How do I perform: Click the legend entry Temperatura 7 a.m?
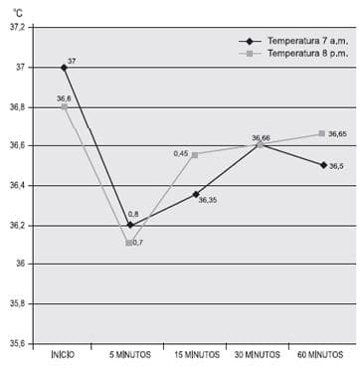(x=301, y=41)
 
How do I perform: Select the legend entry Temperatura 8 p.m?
(x=301, y=54)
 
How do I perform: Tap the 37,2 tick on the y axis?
(x=17, y=28)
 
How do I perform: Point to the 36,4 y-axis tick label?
(x=17, y=185)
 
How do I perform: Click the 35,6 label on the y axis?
(x=17, y=343)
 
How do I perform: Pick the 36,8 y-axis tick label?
(x=17, y=106)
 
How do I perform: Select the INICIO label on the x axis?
(x=64, y=355)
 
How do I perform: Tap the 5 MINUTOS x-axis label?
(x=129, y=355)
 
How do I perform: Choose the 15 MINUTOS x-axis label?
(x=195, y=355)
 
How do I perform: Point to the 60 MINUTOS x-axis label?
(x=322, y=355)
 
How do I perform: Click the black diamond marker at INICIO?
(x=65, y=68)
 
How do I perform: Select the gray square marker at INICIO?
(x=65, y=106)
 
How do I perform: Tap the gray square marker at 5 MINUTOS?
(x=129, y=243)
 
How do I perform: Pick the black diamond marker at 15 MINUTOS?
(x=195, y=195)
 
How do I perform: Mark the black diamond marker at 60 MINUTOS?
(x=322, y=165)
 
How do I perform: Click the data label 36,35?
(x=208, y=201)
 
